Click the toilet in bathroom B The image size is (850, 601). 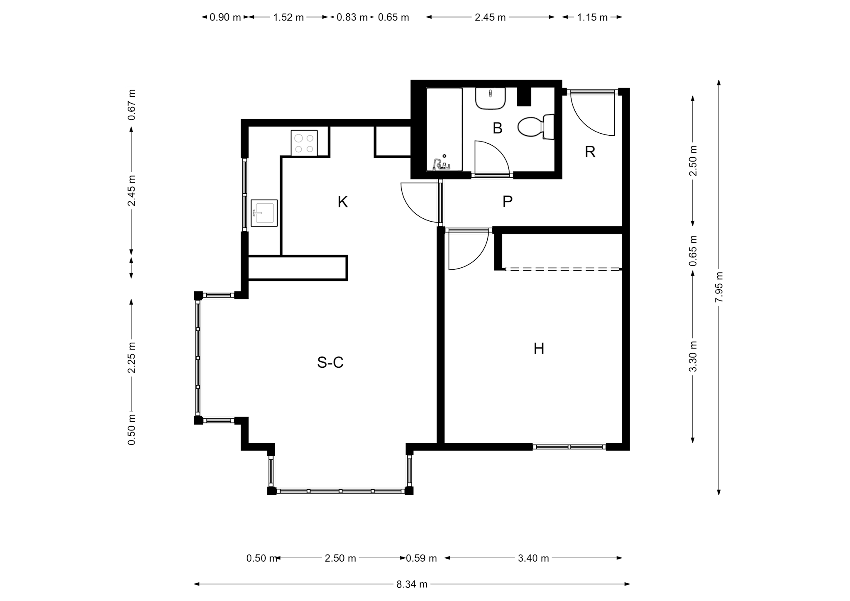536,127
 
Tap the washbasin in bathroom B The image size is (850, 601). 490,98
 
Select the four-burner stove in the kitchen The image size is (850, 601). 304,143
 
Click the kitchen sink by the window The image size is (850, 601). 264,213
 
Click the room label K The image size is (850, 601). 342,202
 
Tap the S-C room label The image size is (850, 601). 330,362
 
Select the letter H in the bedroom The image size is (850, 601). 539,349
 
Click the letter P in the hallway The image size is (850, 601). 507,202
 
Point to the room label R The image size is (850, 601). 590,152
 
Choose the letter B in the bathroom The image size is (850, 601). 497,128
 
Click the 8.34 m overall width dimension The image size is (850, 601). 412,584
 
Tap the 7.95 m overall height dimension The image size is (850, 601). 719,287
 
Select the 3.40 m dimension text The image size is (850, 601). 533,558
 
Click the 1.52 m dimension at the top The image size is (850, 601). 288,17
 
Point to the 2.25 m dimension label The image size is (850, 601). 132,358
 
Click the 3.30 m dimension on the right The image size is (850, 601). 692,356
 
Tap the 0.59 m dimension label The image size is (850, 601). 421,558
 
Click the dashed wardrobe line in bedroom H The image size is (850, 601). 563,269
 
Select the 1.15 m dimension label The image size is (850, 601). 592,17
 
